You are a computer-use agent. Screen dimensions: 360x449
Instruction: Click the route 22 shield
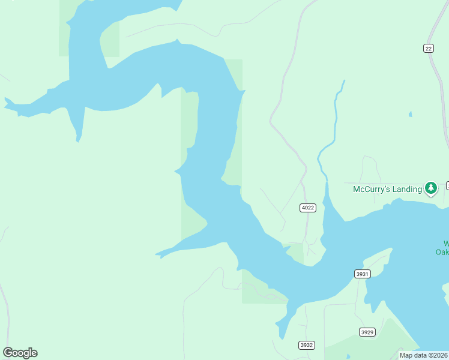click(428, 49)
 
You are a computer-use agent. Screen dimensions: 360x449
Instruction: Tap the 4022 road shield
click(307, 208)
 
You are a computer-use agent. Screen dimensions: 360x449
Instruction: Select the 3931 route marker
click(363, 274)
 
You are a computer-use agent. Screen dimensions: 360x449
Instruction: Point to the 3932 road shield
click(306, 345)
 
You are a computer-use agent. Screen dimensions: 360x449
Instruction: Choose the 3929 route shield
click(367, 332)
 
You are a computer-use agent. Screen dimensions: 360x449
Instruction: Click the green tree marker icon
click(431, 188)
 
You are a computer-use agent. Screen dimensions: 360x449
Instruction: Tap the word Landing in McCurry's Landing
click(405, 190)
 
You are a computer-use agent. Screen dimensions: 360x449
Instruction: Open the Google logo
click(20, 353)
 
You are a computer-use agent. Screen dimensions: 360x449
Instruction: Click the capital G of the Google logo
click(8, 352)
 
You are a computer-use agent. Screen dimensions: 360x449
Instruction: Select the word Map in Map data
click(406, 355)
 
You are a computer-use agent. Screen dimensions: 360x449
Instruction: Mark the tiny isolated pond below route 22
click(410, 114)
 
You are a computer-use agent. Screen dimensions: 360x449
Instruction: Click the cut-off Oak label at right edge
click(443, 252)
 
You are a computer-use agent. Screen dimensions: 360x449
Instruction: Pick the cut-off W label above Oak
click(446, 244)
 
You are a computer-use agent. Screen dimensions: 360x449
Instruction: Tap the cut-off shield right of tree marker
click(447, 185)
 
